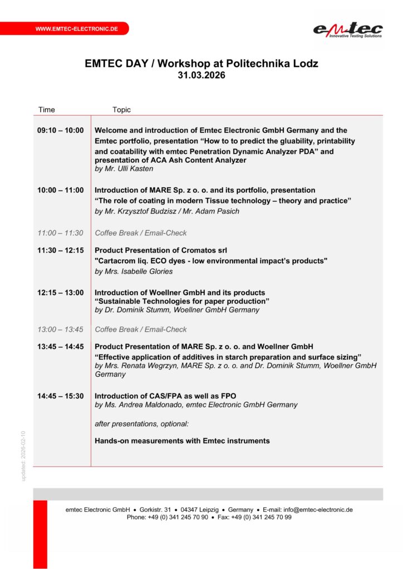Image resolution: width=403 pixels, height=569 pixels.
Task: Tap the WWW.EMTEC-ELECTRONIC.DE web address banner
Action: (76, 28)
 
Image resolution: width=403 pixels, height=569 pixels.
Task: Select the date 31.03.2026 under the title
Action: (202, 76)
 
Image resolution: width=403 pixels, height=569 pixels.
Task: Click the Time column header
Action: (47, 109)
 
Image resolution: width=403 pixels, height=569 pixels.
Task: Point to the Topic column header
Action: (121, 109)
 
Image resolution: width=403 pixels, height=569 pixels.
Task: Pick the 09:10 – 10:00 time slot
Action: (61, 131)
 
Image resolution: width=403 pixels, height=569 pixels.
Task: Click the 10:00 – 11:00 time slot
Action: (61, 190)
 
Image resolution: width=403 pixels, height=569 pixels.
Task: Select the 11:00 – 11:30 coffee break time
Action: (60, 233)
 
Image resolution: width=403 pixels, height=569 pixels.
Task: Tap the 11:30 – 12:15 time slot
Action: (61, 250)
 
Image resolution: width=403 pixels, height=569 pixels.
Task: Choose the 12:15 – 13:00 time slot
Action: (61, 292)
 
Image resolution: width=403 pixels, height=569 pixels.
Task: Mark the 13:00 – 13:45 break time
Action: (60, 329)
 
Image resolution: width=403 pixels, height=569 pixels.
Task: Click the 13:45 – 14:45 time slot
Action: (61, 346)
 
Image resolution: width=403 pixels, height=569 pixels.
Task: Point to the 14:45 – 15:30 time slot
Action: (61, 396)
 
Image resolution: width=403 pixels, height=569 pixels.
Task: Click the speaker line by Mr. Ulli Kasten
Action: (124, 168)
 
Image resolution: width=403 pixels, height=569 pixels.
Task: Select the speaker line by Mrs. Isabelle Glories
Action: (134, 271)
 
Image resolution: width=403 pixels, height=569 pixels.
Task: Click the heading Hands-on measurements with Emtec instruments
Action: (182, 441)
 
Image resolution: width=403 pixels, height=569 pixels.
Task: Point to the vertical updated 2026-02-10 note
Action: (23, 456)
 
